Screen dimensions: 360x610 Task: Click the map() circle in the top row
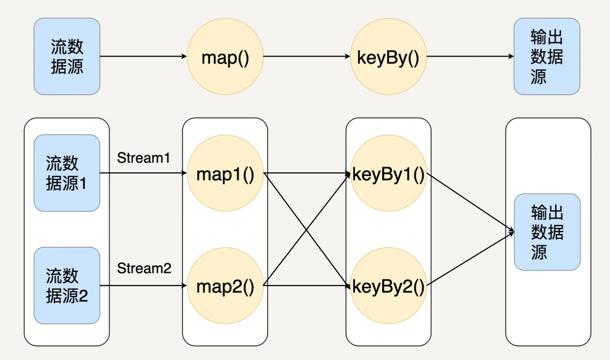pos(225,57)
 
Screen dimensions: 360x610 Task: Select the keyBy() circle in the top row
pos(388,57)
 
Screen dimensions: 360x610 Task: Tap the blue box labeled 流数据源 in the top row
pos(67,57)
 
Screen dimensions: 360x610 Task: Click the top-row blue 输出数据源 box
pos(547,57)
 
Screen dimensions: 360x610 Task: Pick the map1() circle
pos(225,173)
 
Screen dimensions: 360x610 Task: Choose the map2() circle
pos(225,286)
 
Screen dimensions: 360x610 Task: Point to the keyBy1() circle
pos(388,173)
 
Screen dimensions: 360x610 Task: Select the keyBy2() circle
pos(388,286)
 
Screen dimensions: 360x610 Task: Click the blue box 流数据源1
pos(67,173)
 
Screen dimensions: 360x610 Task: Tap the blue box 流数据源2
pos(67,286)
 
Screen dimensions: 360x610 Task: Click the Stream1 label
pos(143,158)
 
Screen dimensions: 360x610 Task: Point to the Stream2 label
pos(144,269)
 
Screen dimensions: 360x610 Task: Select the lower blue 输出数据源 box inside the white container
pos(547,232)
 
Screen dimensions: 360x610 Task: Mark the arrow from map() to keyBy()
pos(306,57)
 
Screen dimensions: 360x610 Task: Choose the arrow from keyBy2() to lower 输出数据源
pos(470,259)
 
